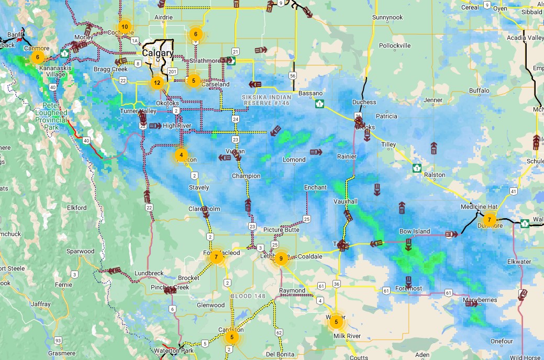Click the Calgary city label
click(157, 53)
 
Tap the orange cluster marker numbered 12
click(157, 82)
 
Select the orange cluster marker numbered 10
click(124, 26)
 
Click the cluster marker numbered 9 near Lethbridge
click(281, 258)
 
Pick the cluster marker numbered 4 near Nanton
click(181, 155)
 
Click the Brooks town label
click(365, 127)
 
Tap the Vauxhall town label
click(345, 201)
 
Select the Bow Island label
click(415, 231)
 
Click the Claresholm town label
click(204, 209)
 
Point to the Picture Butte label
click(281, 230)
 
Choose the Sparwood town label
click(80, 251)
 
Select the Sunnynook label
click(387, 17)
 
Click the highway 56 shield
click(292, 76)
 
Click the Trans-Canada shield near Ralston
click(416, 168)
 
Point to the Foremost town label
click(409, 288)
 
